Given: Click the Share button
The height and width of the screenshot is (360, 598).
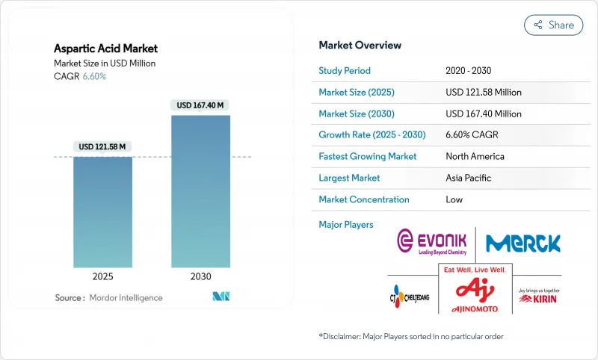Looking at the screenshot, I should tap(553, 25).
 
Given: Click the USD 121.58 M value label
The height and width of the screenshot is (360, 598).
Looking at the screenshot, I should tap(102, 146).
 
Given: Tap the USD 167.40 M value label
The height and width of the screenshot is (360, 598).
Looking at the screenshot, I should tap(200, 105).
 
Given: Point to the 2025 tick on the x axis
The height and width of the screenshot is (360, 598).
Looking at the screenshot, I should tap(102, 276).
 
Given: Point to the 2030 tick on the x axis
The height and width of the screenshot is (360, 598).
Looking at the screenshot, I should tap(200, 276).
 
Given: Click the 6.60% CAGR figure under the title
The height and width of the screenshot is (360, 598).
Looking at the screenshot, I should tap(93, 76).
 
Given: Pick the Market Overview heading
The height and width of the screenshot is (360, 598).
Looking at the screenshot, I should tap(360, 46).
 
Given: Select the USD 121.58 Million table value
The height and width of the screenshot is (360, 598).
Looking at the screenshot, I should tap(483, 93).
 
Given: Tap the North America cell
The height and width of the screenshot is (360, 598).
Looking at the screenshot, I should tap(475, 157).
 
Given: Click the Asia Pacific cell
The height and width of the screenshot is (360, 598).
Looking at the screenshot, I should tap(469, 179).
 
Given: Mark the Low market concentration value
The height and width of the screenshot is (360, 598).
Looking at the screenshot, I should tap(454, 199).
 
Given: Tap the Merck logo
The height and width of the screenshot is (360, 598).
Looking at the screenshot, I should tap(523, 243).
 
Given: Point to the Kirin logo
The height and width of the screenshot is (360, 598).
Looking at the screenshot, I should tap(539, 297).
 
